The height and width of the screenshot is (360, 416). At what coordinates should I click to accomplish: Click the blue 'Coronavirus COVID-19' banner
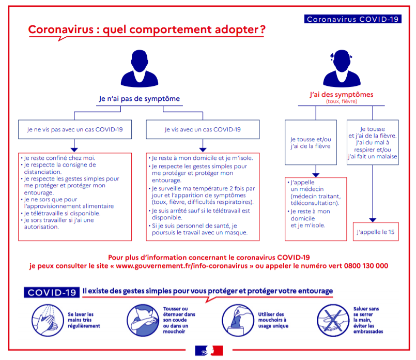[x=352, y=19]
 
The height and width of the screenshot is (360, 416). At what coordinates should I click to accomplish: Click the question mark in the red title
[x=263, y=29]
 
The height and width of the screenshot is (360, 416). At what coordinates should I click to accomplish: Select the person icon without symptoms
[x=140, y=68]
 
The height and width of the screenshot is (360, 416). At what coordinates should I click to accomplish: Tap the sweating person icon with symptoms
[x=342, y=68]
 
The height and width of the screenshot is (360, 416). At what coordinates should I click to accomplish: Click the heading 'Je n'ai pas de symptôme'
[x=140, y=99]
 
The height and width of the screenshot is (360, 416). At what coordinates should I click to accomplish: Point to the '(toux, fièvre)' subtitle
[x=342, y=101]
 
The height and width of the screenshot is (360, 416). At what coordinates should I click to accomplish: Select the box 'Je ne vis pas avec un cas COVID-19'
[x=75, y=129]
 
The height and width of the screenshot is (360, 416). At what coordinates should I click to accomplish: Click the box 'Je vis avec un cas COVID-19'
[x=203, y=129]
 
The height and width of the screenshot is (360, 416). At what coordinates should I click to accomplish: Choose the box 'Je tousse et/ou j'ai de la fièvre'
[x=311, y=142]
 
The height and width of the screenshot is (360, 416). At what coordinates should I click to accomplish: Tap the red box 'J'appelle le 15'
[x=376, y=232]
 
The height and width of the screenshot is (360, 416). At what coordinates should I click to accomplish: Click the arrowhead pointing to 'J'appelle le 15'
[x=373, y=220]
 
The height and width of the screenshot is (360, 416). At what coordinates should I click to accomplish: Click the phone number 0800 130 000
[x=366, y=266]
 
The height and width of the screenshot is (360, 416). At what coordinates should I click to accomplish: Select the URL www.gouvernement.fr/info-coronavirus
[x=182, y=266]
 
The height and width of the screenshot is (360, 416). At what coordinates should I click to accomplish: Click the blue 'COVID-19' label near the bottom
[x=52, y=292]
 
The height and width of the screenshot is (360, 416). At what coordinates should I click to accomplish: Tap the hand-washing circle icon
[x=48, y=321]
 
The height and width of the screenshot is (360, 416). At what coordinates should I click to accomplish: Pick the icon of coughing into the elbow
[x=143, y=321]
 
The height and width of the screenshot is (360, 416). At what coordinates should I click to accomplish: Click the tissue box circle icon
[x=238, y=321]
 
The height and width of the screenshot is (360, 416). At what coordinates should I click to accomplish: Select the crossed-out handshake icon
[x=333, y=321]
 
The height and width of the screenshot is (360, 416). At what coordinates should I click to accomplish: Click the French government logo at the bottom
[x=209, y=351]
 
